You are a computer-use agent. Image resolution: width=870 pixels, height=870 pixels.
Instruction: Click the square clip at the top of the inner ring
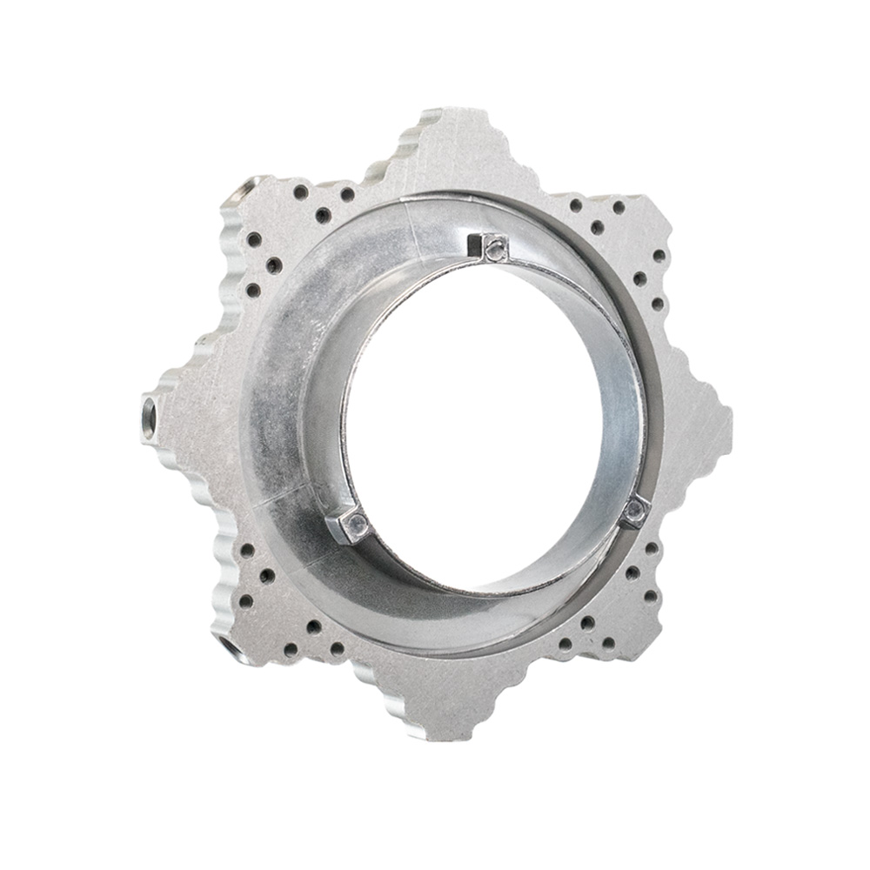point(495,248)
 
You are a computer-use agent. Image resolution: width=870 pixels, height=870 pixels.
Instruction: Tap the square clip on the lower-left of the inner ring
point(354,525)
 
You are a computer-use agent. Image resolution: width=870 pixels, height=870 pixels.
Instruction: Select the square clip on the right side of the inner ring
point(635,511)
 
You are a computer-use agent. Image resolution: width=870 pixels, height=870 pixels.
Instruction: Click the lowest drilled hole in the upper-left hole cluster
point(253,291)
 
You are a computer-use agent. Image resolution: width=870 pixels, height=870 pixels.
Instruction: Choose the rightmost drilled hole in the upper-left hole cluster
point(347,194)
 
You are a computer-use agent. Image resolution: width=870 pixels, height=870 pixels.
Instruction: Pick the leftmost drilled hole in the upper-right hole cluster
point(576,205)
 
